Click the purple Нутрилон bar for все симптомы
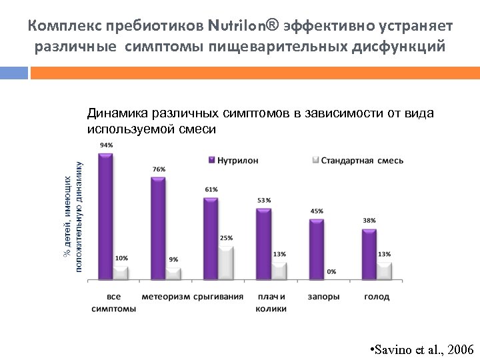(105, 216)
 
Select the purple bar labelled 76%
(158, 227)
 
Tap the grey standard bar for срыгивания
(227, 262)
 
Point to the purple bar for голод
(369, 253)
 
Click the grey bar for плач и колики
(279, 270)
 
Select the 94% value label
(106, 145)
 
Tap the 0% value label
(331, 271)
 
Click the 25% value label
(227, 237)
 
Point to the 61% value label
(211, 189)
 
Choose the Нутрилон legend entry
(233, 160)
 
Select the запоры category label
(323, 297)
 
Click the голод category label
(377, 297)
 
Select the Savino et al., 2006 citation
(421, 349)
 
